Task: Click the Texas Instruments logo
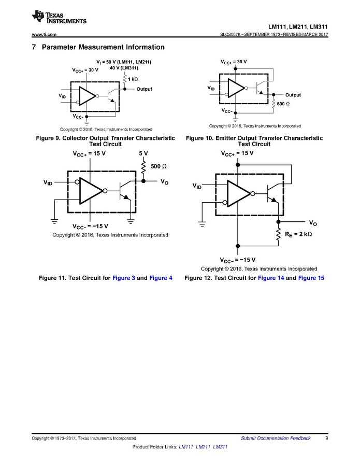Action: [58, 17]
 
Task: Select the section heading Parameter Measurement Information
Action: [103, 47]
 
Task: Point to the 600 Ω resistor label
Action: [283, 104]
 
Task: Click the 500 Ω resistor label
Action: [159, 166]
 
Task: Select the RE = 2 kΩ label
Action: [298, 234]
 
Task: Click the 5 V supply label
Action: [143, 154]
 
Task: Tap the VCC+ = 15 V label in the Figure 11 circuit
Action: [89, 154]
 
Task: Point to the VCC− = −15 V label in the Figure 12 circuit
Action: [237, 260]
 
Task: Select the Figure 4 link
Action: [161, 278]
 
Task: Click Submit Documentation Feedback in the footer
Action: [276, 438]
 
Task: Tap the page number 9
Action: [327, 438]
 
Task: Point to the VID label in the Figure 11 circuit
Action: [48, 182]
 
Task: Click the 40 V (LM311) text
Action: [125, 67]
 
